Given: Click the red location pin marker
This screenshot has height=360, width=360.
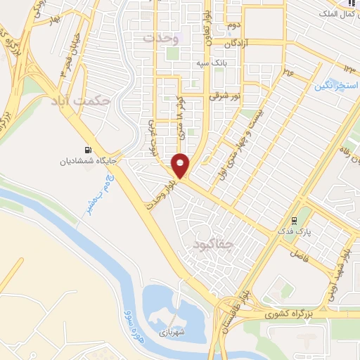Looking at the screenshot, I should (181, 165).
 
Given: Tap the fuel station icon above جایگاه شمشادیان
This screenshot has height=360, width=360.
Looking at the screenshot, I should (87, 149).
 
